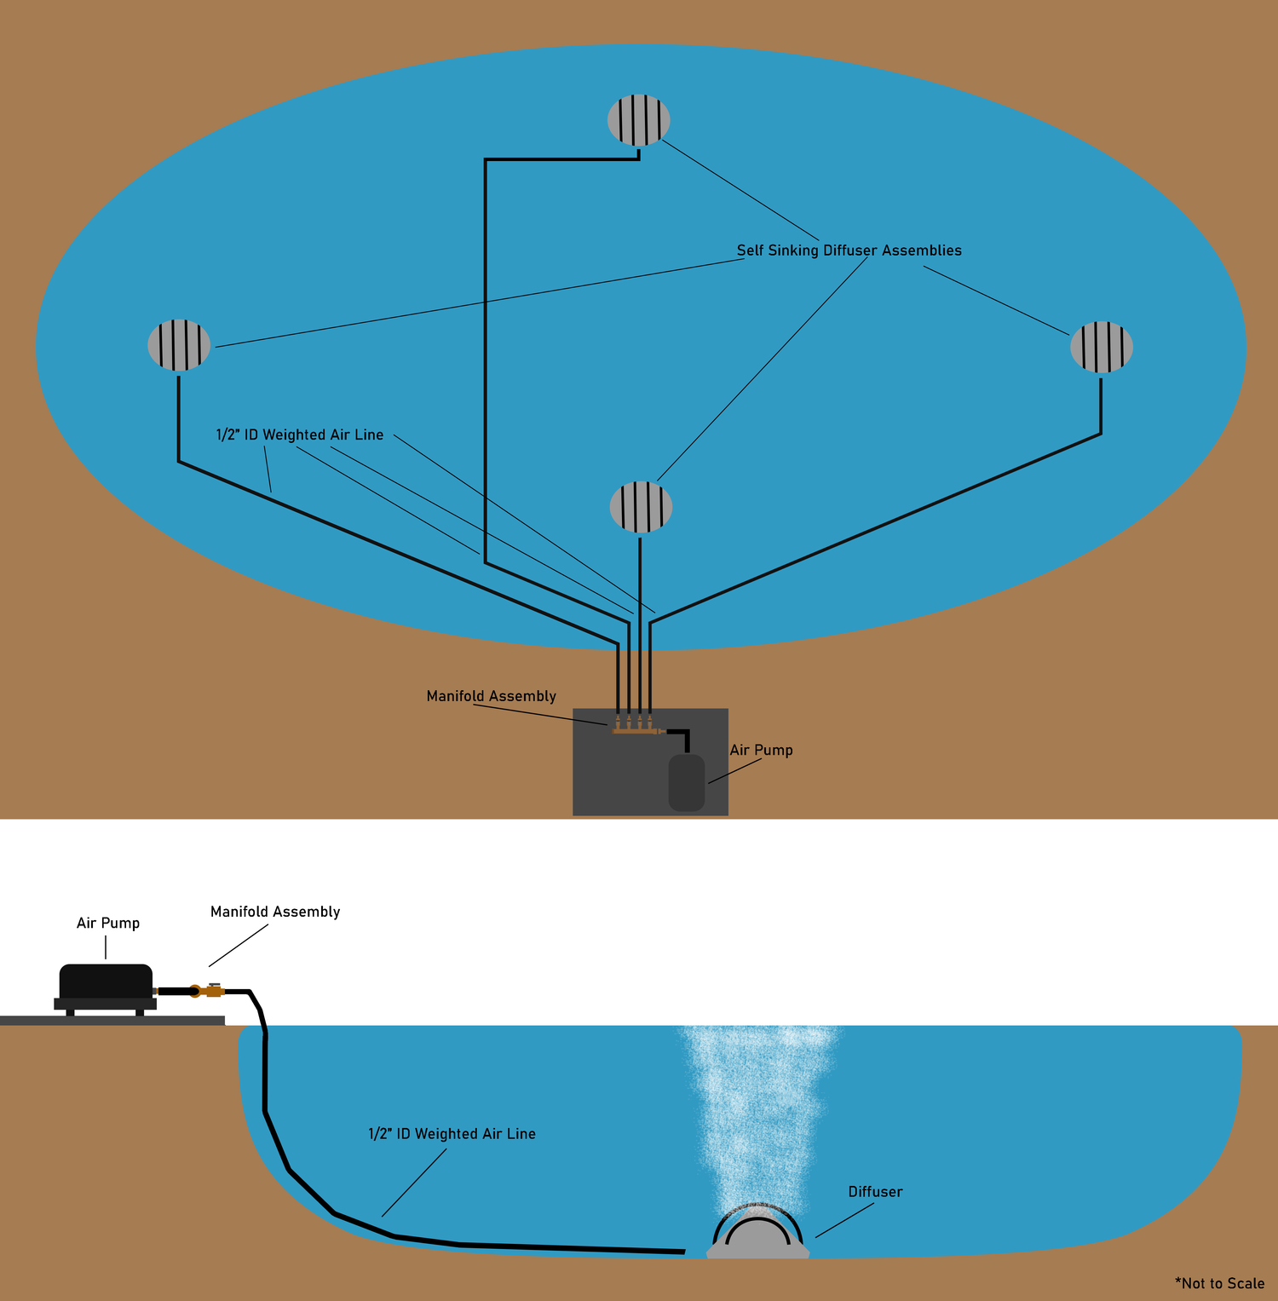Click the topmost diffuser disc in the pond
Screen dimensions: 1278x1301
point(639,120)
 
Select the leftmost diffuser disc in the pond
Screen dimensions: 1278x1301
point(179,345)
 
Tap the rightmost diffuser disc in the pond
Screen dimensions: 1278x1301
point(1102,347)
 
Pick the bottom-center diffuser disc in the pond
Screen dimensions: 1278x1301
point(642,507)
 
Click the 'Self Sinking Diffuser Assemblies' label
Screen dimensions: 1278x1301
point(849,250)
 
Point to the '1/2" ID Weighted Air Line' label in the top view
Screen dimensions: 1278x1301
point(300,435)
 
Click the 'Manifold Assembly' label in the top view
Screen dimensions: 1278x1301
point(492,696)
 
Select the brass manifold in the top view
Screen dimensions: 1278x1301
point(636,727)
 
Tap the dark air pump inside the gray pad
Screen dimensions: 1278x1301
point(687,782)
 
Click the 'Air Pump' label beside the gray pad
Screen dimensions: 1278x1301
point(762,750)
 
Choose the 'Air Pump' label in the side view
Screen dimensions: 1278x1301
point(108,923)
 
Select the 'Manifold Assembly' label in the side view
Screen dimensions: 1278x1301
point(275,912)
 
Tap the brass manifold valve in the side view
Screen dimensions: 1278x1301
point(208,990)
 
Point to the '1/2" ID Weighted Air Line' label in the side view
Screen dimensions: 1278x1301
point(452,1134)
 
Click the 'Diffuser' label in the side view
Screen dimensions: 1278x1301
point(876,1192)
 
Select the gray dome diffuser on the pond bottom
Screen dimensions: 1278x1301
point(758,1235)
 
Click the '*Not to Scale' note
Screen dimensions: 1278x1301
point(1220,1283)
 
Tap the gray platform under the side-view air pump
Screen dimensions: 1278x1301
point(112,1020)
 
